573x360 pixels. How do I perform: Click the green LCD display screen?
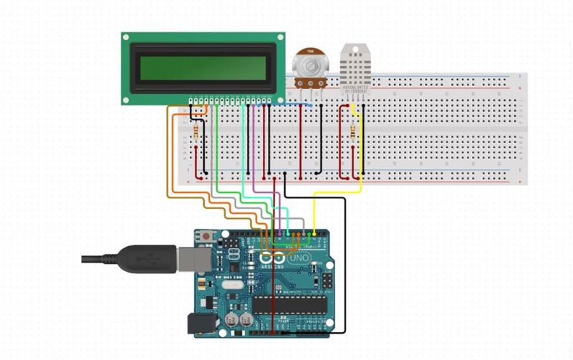pos(203,68)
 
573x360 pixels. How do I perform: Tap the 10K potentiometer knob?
pos(309,67)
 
